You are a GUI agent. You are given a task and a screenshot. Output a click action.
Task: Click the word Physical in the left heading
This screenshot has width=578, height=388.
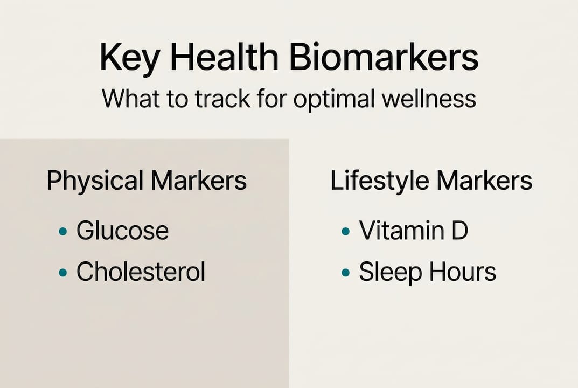coord(95,182)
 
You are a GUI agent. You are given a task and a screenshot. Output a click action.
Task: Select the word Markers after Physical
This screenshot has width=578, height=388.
coord(198,181)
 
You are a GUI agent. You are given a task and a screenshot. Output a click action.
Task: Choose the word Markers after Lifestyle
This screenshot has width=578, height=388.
coord(485,181)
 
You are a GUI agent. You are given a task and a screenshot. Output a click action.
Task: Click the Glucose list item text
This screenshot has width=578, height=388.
coord(122,231)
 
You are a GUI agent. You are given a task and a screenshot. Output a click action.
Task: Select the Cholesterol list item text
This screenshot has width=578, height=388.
coord(141,272)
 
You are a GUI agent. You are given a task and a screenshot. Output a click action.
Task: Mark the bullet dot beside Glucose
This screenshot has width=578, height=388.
coord(63,232)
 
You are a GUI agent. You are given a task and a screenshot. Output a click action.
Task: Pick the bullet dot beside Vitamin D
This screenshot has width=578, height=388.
coord(346,232)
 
